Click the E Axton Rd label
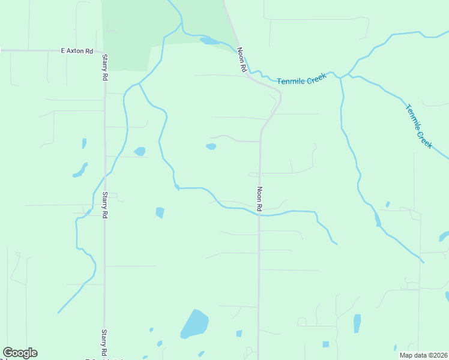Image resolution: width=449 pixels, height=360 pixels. point(77,52)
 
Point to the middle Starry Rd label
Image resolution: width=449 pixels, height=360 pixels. point(104,205)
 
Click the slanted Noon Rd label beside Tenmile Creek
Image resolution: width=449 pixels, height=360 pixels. point(242,60)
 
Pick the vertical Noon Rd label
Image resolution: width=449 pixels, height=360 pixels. point(260,199)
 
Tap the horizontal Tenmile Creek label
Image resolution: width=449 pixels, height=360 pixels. point(301,79)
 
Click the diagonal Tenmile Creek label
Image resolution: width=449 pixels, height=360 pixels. point(418,127)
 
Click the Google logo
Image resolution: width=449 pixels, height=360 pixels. point(20,353)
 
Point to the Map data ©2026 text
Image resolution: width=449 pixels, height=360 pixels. point(423,355)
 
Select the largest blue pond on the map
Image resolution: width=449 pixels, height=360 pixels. point(194,324)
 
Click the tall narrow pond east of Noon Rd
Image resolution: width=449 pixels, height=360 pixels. point(357,323)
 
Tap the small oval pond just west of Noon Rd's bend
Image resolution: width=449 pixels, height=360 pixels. point(211,146)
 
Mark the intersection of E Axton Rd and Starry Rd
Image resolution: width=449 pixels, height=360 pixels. point(104,52)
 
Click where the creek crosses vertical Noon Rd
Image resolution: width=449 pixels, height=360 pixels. point(259,214)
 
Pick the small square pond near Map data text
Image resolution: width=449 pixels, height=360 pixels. point(326,344)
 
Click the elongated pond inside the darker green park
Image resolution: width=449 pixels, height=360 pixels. point(209,41)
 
